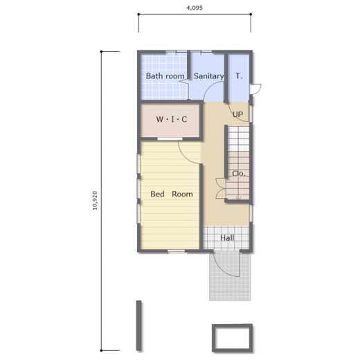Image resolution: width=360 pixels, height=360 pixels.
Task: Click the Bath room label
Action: [x=165, y=76]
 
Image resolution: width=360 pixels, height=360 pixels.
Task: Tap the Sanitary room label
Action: [x=208, y=76]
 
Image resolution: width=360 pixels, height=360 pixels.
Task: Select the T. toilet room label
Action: [x=239, y=76]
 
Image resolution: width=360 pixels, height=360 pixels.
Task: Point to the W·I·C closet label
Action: [x=172, y=119]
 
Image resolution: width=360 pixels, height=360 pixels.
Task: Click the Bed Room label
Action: [x=172, y=194]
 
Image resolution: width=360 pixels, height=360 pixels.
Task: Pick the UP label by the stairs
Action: [x=237, y=114]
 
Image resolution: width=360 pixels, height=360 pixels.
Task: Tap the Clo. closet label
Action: [x=239, y=174]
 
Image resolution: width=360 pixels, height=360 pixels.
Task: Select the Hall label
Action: [x=227, y=238]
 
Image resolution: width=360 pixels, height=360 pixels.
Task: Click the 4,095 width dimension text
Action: [x=195, y=8]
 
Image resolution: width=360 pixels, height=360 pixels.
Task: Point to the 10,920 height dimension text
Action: [x=95, y=200]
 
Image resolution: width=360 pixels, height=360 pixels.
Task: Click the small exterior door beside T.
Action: [x=255, y=89]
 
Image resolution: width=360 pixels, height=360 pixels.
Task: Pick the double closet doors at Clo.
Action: [x=221, y=188]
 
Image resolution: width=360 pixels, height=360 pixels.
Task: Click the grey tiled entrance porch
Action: [x=230, y=276]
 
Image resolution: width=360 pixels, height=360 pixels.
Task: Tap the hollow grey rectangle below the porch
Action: [x=233, y=325]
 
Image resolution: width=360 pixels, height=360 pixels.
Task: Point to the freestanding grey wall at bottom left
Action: [x=138, y=325]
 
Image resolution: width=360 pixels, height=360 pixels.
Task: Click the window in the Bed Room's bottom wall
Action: [x=177, y=251]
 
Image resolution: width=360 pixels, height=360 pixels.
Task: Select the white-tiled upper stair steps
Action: [x=238, y=138]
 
